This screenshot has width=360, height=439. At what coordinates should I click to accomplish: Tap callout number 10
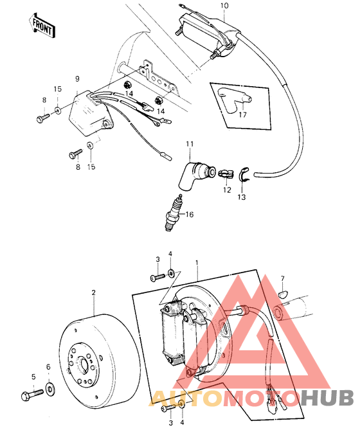224,6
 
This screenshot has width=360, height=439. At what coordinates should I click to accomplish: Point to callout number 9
76,78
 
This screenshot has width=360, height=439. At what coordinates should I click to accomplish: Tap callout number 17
242,116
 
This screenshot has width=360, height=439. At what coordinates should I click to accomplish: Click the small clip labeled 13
244,173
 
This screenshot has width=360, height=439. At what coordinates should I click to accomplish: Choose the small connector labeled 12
226,173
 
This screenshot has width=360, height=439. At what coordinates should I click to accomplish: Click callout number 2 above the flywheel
94,292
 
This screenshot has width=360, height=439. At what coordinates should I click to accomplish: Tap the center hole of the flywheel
84,364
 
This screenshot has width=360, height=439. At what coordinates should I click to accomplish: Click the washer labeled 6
51,390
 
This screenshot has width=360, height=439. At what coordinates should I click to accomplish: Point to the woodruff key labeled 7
282,294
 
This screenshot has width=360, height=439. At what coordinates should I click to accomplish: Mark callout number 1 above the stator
198,263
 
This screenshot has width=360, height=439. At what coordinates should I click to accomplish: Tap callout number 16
189,215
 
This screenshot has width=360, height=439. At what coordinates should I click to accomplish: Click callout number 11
190,143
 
